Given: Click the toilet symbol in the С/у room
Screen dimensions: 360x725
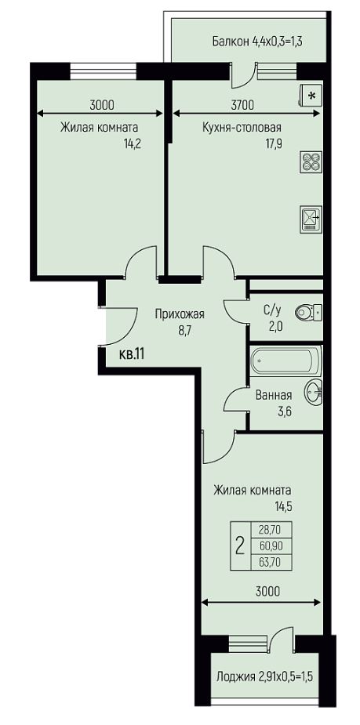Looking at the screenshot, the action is [309, 313].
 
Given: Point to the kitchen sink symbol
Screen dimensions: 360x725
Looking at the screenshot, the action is [309, 219].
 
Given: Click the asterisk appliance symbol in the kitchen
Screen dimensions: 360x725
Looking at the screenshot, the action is [310, 96].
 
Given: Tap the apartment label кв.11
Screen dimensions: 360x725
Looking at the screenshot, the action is [133, 354].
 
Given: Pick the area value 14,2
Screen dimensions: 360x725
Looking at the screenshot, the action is [132, 143].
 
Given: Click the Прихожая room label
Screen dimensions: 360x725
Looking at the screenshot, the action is [180, 315].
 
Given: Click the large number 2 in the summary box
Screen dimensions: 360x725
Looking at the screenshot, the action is [240, 546].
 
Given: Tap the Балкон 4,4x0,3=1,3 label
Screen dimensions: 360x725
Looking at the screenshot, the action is [257, 42].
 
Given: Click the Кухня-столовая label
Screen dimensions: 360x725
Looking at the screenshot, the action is [242, 128].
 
